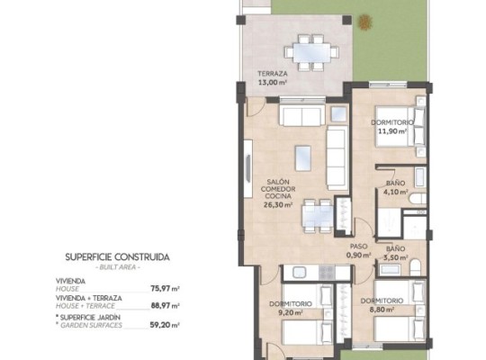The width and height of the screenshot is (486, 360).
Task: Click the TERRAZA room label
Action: [x=274, y=74]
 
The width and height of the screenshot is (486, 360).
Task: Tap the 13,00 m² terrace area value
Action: [x=274, y=82]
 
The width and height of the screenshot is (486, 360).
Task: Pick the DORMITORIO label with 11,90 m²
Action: [x=392, y=121]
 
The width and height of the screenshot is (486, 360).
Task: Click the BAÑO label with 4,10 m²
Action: [x=397, y=182]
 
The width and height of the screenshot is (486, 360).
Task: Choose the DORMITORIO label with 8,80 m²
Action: [x=382, y=300]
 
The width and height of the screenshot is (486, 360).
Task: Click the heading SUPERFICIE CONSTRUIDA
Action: [x=118, y=256]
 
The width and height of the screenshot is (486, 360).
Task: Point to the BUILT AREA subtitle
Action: [x=118, y=266]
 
